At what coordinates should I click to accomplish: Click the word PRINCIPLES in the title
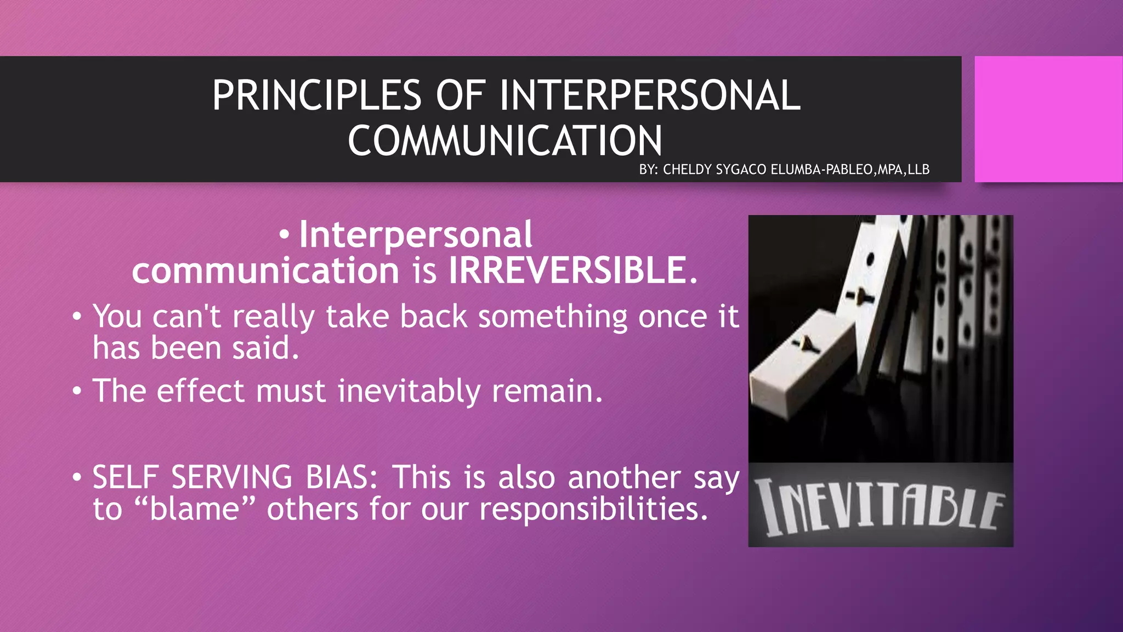point(316,95)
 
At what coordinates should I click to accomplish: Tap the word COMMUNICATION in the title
point(504,141)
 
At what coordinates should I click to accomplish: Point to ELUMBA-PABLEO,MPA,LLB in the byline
point(850,170)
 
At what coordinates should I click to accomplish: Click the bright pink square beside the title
point(1048,119)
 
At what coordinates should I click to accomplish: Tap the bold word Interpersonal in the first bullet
point(415,234)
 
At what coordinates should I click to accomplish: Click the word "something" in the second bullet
point(553,317)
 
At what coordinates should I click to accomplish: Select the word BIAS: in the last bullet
point(342,477)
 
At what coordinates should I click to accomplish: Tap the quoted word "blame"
point(195,509)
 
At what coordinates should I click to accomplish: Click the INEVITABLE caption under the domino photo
point(880,506)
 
